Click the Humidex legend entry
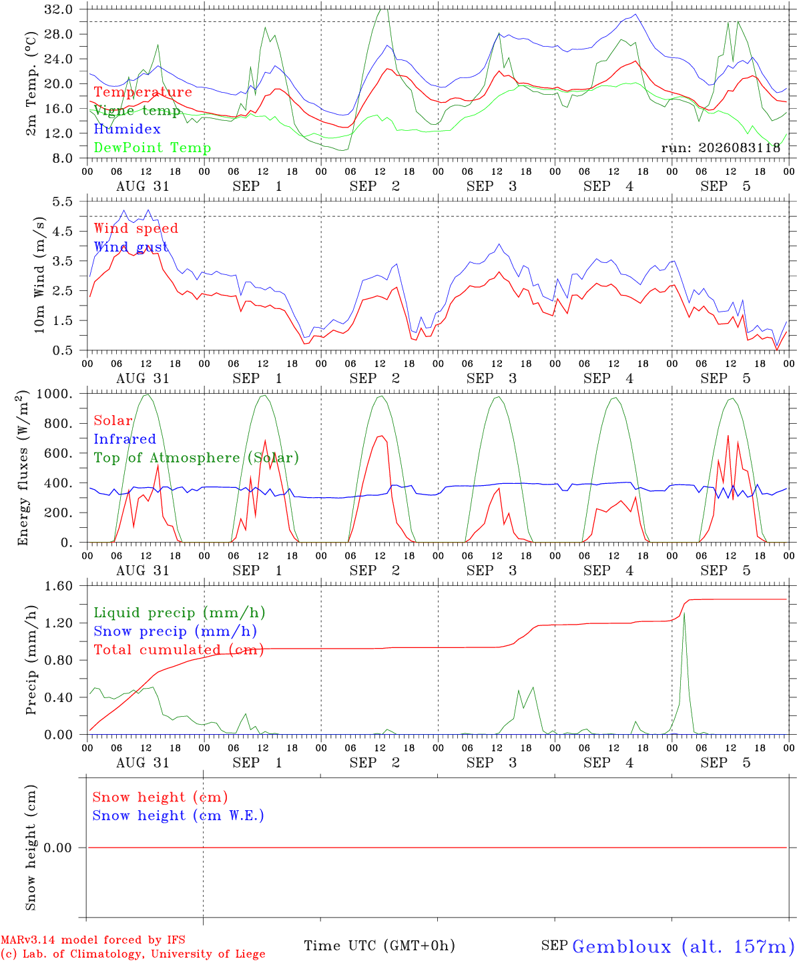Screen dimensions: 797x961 point(127,129)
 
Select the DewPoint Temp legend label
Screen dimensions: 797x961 point(152,147)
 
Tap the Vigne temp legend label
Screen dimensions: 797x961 point(138,111)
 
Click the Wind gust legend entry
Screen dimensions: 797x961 point(131,247)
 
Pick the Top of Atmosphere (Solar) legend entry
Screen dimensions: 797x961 point(197,458)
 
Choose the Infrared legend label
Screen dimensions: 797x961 point(125,439)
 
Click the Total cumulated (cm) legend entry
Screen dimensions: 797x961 point(179,650)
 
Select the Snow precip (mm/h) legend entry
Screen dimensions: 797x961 point(175,631)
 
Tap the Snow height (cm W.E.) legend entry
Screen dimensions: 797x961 point(178,816)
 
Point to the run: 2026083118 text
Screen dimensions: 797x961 point(720,147)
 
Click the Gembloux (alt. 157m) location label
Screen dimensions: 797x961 point(680,943)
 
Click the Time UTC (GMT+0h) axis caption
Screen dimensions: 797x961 point(379,942)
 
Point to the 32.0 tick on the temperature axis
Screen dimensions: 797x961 point(59,9)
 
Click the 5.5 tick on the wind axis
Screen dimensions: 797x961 point(63,202)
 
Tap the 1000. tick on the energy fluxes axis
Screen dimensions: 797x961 point(55,394)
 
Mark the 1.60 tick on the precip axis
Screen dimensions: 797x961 point(59,587)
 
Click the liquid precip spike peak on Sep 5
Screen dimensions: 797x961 point(684,613)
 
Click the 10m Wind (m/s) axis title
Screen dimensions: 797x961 point(39,275)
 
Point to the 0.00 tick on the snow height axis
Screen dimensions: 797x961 point(58,848)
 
